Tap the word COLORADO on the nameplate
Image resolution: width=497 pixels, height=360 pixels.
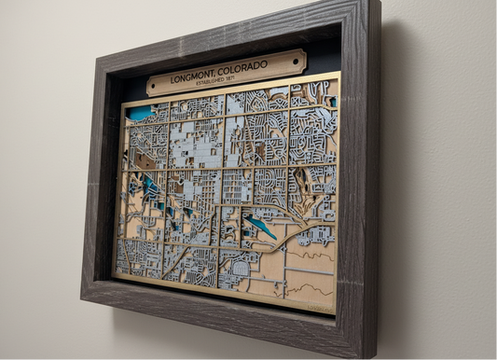click(242, 67)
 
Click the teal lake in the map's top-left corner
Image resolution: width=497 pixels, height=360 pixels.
click(140, 113)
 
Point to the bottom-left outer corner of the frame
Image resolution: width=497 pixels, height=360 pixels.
click(81, 297)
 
